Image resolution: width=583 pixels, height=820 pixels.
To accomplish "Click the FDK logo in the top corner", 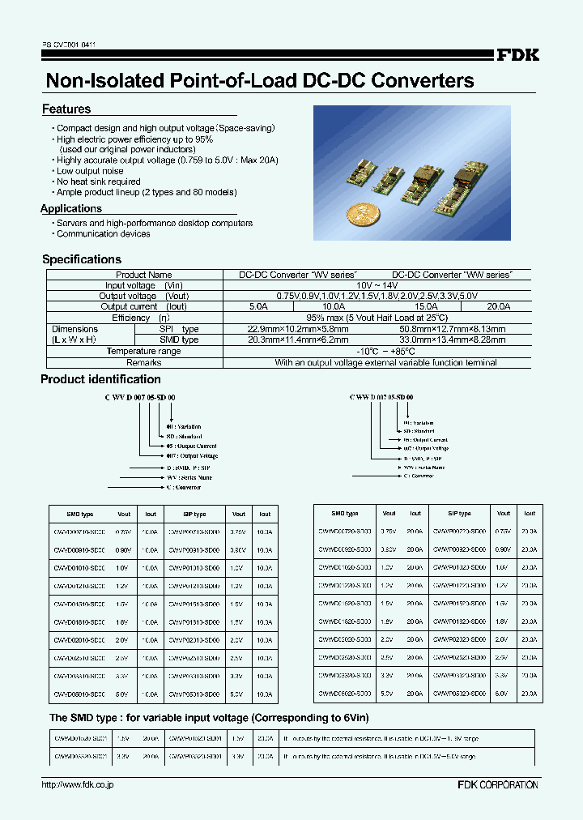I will click(x=517, y=55).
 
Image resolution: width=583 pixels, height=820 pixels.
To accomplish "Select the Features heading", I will click(x=66, y=109).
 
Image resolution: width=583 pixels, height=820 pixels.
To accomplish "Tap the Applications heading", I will click(x=71, y=209).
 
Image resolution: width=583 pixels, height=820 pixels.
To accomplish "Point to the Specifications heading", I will click(x=82, y=259).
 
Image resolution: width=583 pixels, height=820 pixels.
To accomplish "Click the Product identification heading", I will click(x=100, y=379).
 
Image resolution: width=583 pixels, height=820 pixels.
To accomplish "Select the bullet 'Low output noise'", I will click(x=90, y=171).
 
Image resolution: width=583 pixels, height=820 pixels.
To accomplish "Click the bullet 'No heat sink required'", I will click(x=99, y=182).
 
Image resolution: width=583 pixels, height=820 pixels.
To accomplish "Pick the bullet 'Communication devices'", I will click(x=103, y=233).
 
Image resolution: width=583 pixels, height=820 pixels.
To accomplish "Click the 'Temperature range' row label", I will click(x=143, y=352).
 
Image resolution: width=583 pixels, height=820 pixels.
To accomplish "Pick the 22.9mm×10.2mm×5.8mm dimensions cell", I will click(x=298, y=329).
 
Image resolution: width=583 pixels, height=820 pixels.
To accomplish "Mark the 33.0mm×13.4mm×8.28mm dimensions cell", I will click(x=453, y=340).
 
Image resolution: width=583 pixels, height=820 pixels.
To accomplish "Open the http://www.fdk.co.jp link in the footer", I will click(x=77, y=785).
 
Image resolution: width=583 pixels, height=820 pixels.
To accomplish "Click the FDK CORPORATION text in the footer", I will click(x=497, y=785).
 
